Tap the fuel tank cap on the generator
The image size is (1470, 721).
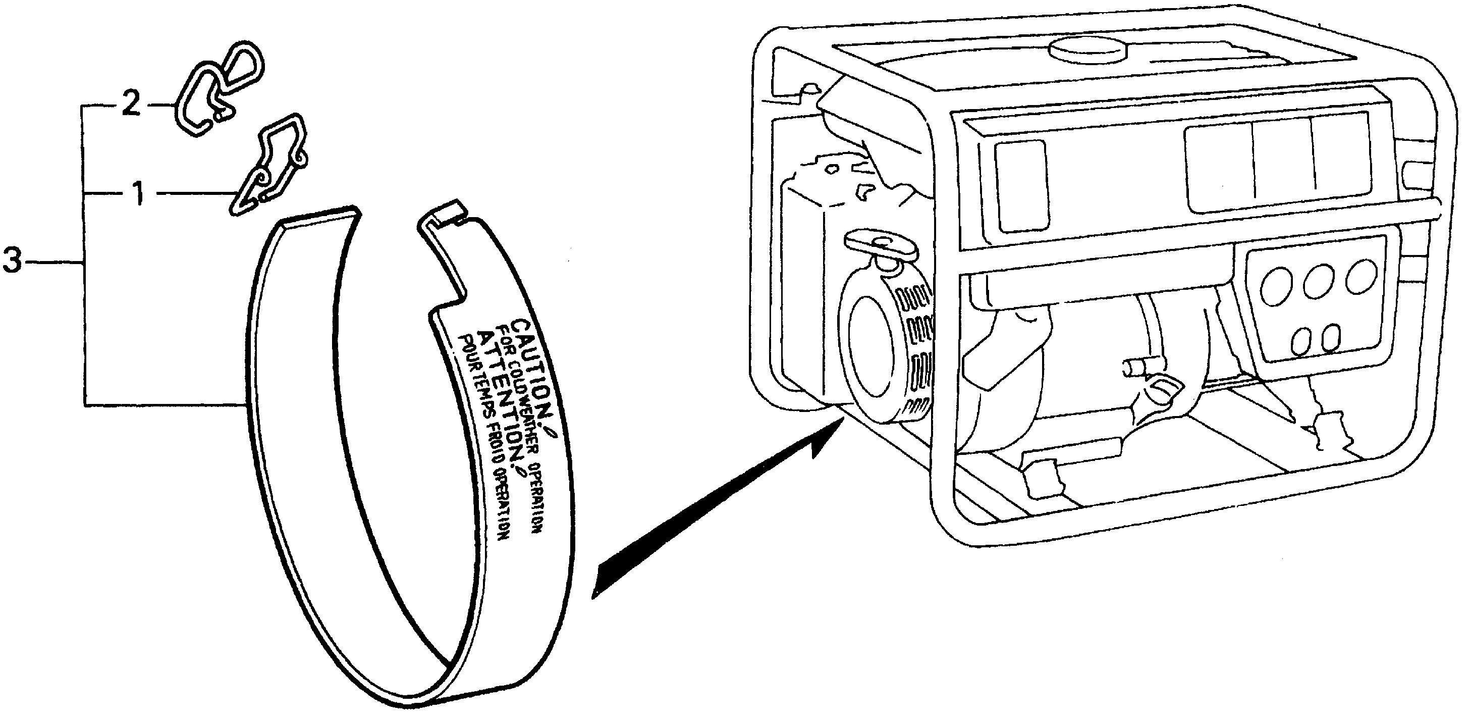tap(1087, 50)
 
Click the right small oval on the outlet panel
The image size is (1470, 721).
tap(1331, 338)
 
